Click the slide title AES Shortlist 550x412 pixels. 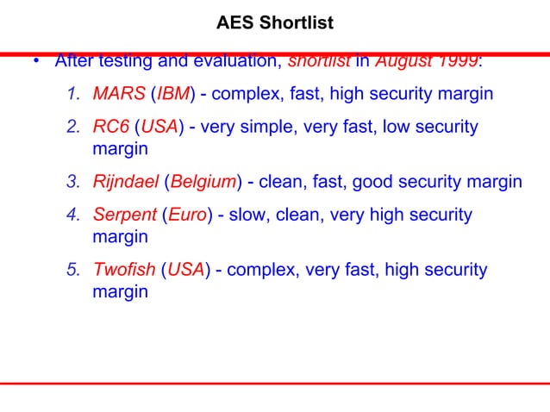coord(274,18)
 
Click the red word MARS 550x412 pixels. coord(120,93)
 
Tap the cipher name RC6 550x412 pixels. coord(111,127)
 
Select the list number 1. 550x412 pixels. coord(75,93)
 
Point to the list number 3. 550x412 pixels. coord(75,182)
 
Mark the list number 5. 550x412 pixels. coord(75,271)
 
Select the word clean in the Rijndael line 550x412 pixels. coord(282,182)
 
